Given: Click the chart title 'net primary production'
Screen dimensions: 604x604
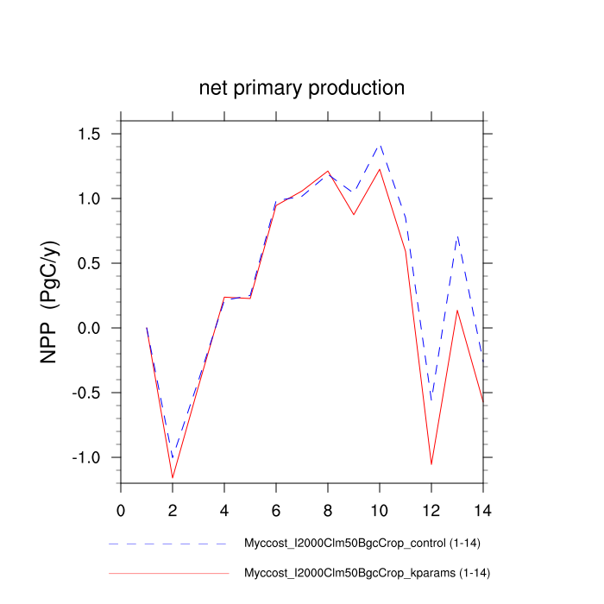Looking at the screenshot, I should [x=301, y=88].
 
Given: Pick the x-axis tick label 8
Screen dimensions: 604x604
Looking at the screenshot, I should [x=328, y=508].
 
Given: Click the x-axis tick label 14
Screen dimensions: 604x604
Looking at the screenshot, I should [x=483, y=508].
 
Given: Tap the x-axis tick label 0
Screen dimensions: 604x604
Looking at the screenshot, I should [x=121, y=508].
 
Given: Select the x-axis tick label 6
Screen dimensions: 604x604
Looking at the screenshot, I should [x=276, y=508].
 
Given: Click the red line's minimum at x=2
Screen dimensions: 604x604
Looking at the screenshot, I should [x=173, y=477].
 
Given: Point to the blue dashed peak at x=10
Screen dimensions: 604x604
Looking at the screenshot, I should [x=380, y=144].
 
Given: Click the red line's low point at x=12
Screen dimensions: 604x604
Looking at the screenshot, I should [x=431, y=464].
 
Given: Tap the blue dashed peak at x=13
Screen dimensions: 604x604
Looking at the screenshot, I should [x=457, y=236].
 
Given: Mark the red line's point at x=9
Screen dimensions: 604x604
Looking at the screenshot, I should [x=354, y=214].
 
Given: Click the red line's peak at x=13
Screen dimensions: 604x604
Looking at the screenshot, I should [x=457, y=310].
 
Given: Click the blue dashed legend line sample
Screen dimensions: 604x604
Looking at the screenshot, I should [x=168, y=544].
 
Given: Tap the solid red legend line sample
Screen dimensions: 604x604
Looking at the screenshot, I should [x=168, y=573].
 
